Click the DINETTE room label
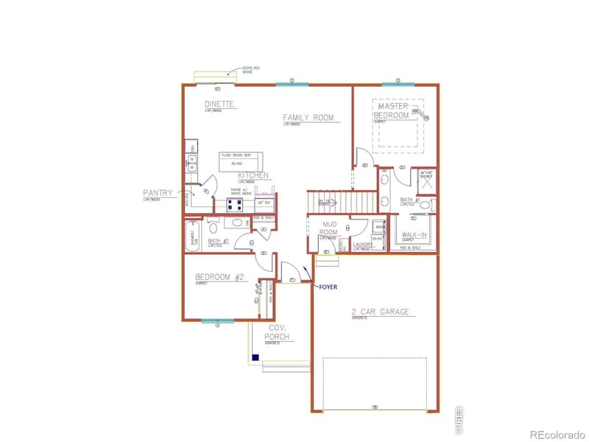[x=219, y=105]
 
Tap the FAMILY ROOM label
[x=308, y=117]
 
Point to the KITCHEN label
[x=253, y=175]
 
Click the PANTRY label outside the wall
[x=158, y=194]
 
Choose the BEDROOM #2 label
[x=219, y=277]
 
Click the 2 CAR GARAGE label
[x=379, y=312]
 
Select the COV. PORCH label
[x=277, y=332]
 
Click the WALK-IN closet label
[x=414, y=234]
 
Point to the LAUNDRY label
[x=363, y=245]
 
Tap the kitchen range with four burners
[x=236, y=204]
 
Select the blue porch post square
[x=255, y=358]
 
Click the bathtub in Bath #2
[x=195, y=239]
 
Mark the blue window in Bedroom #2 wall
[x=217, y=321]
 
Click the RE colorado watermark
[x=555, y=432]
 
